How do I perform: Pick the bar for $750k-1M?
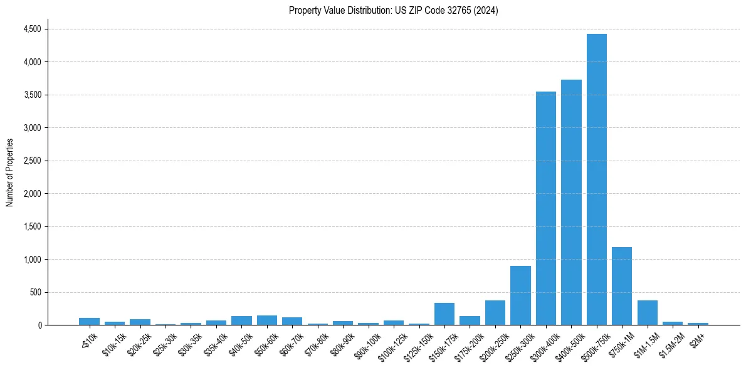[622, 286]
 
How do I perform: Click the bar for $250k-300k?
[520, 295]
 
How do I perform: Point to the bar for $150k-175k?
[444, 314]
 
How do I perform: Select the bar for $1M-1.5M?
[647, 312]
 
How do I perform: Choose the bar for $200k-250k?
[495, 312]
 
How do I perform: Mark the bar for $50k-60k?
[266, 320]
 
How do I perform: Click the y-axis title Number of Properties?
[9, 172]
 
